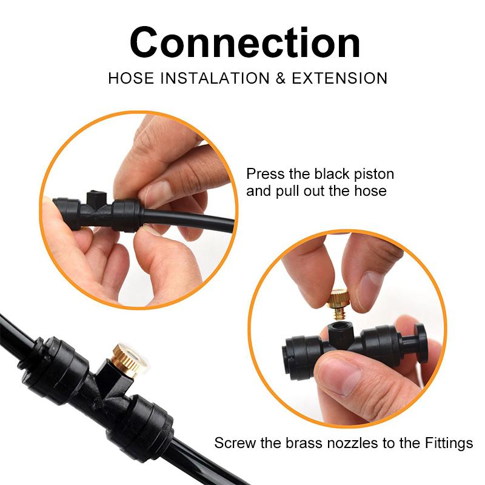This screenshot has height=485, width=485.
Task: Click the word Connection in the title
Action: click(x=245, y=42)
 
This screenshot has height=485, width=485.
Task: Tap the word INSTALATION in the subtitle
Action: click(x=215, y=78)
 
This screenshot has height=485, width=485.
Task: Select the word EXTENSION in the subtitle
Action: click(x=339, y=78)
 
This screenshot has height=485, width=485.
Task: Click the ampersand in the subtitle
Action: click(x=280, y=78)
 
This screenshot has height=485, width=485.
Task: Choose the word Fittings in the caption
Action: click(x=449, y=444)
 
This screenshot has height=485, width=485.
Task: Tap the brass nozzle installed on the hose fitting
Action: click(x=130, y=360)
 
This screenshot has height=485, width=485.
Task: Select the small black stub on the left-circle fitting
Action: click(x=96, y=198)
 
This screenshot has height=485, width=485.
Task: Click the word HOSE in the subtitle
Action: click(x=131, y=78)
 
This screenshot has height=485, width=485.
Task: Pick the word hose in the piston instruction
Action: click(x=370, y=191)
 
